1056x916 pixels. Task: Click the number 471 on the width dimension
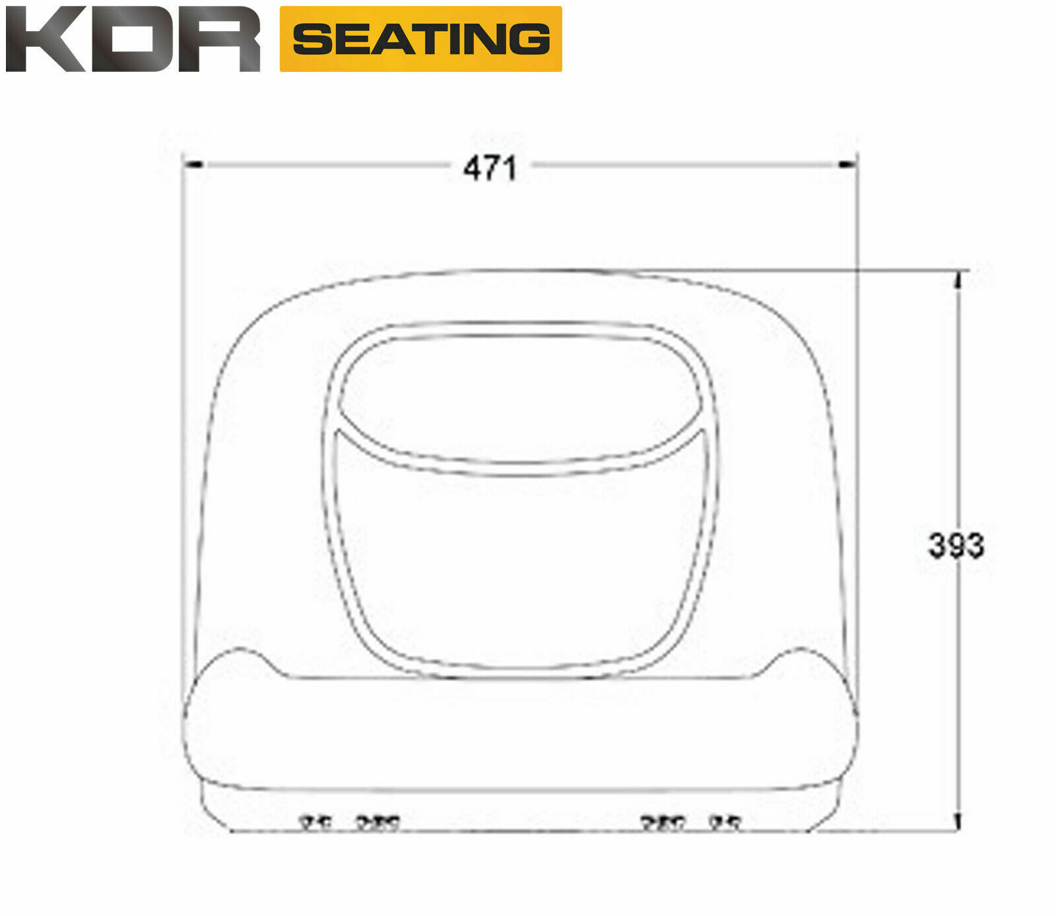490,168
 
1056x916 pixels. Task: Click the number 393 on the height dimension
956,545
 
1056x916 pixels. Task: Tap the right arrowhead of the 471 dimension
847,164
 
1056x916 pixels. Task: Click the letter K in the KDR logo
44,40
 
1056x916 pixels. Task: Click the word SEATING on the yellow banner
421,39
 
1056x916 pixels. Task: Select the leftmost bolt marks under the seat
316,823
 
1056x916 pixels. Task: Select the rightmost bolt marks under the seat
725,823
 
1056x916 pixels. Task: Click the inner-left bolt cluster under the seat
378,823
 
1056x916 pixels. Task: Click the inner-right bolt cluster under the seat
663,823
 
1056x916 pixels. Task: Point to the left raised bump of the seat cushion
235,660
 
